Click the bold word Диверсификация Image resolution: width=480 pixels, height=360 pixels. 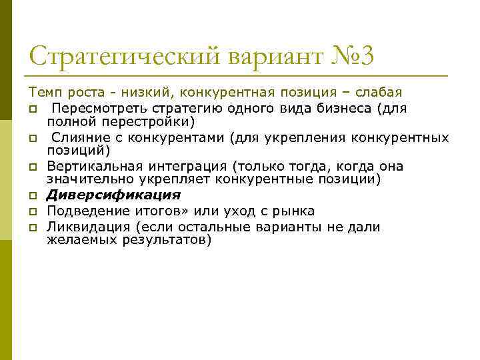[113, 195]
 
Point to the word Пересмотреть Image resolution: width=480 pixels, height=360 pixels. [93, 108]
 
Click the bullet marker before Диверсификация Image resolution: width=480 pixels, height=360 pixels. [33, 196]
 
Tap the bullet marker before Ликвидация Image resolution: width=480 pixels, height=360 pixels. [33, 228]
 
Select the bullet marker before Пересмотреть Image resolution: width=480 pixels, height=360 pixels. [33, 109]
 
